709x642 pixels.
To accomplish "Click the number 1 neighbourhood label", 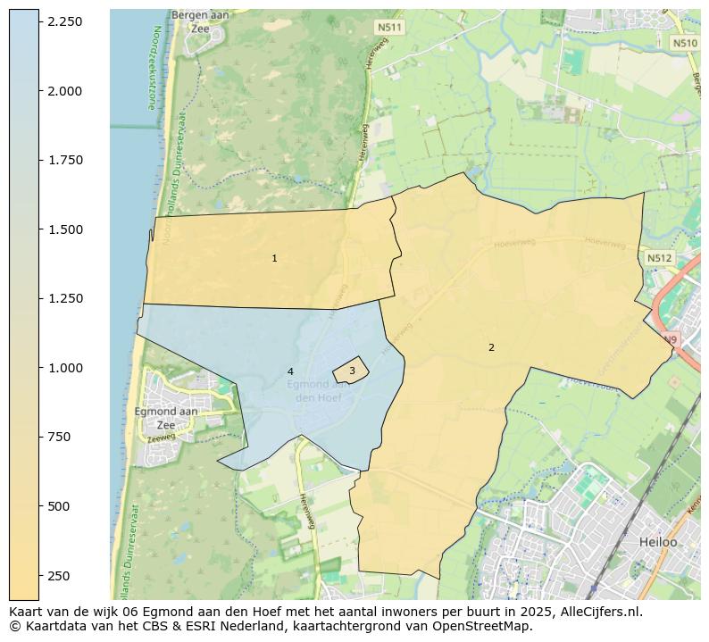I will click(274, 259).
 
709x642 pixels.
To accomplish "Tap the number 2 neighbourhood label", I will click(491, 347).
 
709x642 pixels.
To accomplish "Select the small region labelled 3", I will click(352, 371).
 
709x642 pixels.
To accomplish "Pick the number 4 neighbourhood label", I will click(290, 371).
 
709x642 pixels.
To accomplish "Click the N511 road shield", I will click(389, 28).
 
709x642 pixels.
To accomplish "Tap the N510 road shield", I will click(684, 43).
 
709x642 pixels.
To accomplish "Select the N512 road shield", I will click(659, 258).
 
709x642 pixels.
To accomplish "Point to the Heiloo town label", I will click(658, 542).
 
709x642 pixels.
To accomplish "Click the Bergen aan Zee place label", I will click(201, 22).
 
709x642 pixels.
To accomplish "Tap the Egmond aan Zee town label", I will click(166, 418).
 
